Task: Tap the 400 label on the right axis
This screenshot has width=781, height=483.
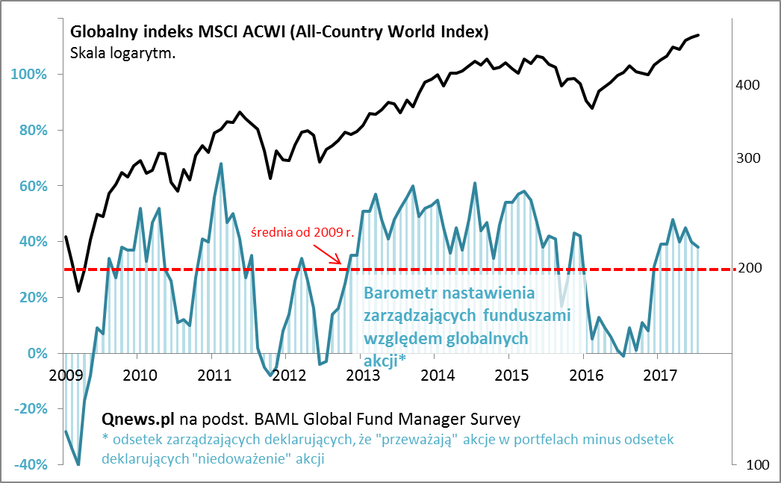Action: tap(747, 86)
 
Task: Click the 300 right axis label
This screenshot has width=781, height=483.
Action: tap(747, 158)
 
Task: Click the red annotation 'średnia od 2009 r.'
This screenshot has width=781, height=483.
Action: tap(302, 231)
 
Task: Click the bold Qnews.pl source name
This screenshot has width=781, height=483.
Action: tap(134, 419)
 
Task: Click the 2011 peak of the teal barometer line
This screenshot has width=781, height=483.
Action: tap(221, 163)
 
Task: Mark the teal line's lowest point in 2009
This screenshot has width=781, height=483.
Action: tap(78, 464)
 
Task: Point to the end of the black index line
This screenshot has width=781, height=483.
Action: tap(698, 35)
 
